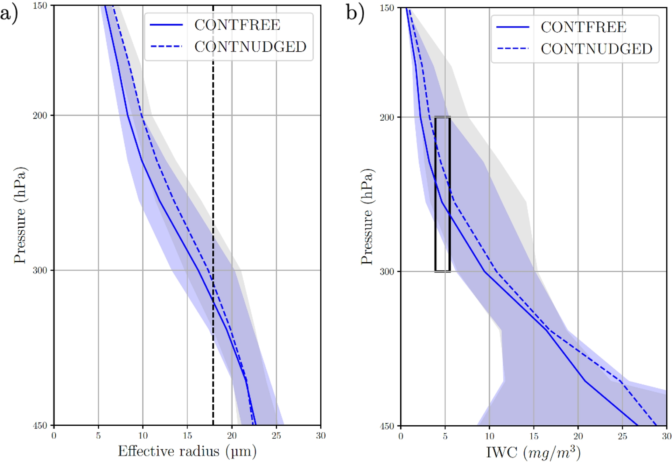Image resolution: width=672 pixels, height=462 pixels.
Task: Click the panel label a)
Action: click(9, 15)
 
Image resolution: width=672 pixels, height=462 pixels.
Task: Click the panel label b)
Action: click(355, 13)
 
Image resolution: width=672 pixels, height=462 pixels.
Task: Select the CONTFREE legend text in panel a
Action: click(237, 25)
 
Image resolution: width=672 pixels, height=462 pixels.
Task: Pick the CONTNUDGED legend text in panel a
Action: click(250, 47)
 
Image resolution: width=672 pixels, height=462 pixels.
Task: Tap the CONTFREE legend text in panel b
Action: click(583, 27)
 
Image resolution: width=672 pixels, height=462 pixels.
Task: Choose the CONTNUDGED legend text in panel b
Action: click(596, 49)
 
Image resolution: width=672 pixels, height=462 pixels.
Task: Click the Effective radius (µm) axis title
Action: click(187, 452)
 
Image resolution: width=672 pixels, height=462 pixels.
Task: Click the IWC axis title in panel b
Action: click(533, 453)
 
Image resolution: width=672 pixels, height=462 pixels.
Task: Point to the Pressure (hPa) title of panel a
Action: click(20, 215)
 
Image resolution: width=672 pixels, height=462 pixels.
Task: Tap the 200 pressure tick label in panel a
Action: click(40, 115)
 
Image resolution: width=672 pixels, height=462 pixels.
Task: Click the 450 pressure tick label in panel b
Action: click(387, 426)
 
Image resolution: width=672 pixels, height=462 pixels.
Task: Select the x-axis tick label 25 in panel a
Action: click(276, 436)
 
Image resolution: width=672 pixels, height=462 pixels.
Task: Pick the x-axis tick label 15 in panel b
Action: click(533, 436)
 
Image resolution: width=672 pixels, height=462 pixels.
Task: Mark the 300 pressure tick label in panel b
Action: click(387, 272)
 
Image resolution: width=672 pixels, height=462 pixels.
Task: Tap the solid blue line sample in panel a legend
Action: click(166, 25)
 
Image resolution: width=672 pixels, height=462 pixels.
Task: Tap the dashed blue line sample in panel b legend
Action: click(512, 49)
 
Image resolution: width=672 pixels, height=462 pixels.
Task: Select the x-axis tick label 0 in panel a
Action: click(54, 436)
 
